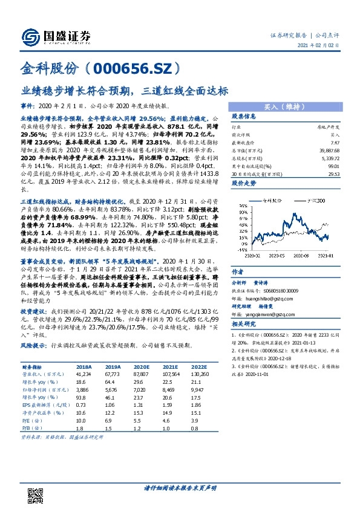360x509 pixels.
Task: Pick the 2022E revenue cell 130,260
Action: coord(198,374)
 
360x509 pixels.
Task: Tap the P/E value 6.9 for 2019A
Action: coord(109,419)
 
